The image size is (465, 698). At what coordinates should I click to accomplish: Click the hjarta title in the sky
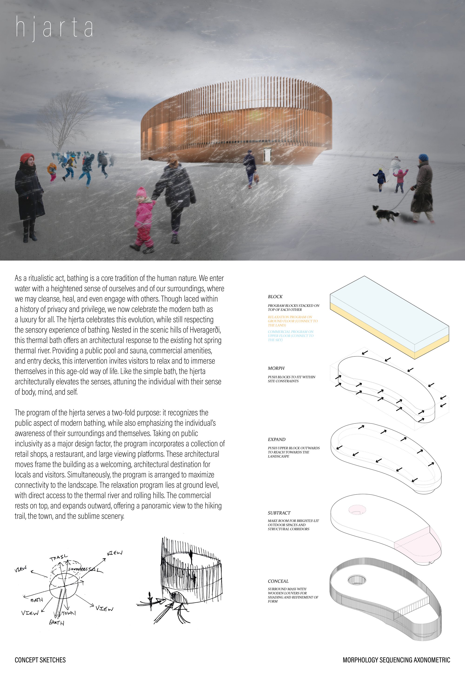click(x=54, y=28)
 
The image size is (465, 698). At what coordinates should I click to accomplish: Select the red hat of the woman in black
click(x=27, y=157)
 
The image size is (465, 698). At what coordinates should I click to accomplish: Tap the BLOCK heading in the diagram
click(x=275, y=296)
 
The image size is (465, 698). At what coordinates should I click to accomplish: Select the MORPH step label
click(x=276, y=368)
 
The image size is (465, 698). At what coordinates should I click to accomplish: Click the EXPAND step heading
click(x=276, y=439)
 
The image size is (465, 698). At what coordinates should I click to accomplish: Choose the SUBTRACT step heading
click(x=279, y=513)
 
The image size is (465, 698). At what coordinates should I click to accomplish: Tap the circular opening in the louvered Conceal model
click(x=357, y=580)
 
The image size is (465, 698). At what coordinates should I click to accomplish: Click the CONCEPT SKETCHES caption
click(x=40, y=660)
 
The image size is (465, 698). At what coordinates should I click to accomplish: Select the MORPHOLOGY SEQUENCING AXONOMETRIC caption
click(x=396, y=660)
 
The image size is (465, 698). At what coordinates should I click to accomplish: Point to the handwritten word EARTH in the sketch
click(x=56, y=623)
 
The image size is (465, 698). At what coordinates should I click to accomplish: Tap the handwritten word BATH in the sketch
click(x=37, y=600)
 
